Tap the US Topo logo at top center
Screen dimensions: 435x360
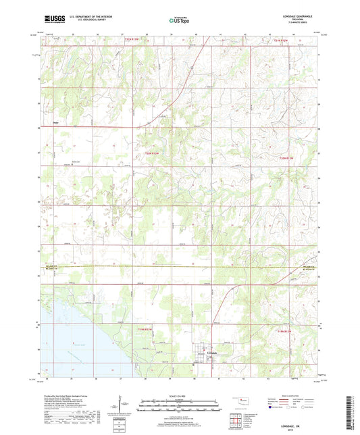pyautogui.click(x=179, y=22)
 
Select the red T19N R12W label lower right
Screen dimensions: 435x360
pyautogui.click(x=287, y=331)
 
